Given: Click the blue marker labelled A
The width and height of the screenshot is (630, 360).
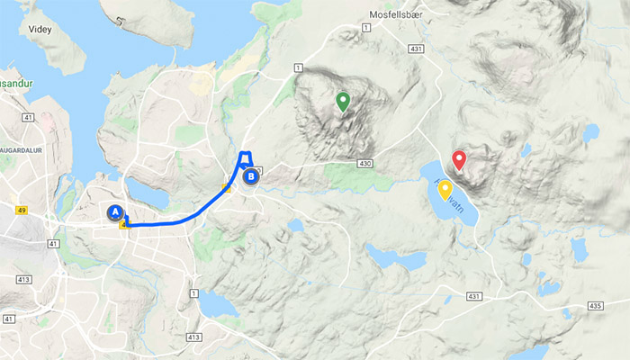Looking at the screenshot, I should [x=114, y=212].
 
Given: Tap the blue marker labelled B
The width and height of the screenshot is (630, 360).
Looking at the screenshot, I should [x=251, y=177].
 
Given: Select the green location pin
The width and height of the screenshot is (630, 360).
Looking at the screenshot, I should [x=342, y=101].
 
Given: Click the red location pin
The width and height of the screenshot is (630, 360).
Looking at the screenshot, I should [x=458, y=160].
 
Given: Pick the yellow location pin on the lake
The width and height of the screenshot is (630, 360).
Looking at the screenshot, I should [x=445, y=189].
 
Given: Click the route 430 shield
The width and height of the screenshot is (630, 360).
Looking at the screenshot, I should [x=364, y=164].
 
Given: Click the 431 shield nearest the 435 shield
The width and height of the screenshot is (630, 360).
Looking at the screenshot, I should [x=475, y=295].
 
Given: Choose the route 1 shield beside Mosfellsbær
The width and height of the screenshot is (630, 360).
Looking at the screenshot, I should [x=366, y=30].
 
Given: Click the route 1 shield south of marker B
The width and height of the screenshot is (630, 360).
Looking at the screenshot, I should [x=193, y=293].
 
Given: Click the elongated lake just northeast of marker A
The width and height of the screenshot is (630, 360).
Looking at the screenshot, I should [x=148, y=192].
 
